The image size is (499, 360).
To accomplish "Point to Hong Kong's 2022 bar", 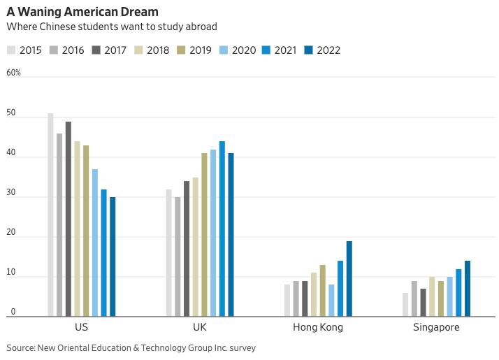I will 349,279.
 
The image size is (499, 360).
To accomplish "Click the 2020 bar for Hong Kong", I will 331,301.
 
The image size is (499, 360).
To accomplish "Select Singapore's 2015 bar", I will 405,305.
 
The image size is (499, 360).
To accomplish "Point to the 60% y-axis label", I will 14,73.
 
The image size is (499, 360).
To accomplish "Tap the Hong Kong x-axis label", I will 318,327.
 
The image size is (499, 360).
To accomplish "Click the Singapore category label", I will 436,327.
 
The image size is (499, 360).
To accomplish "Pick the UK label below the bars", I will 199,327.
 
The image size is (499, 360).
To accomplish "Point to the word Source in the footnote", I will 21,347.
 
